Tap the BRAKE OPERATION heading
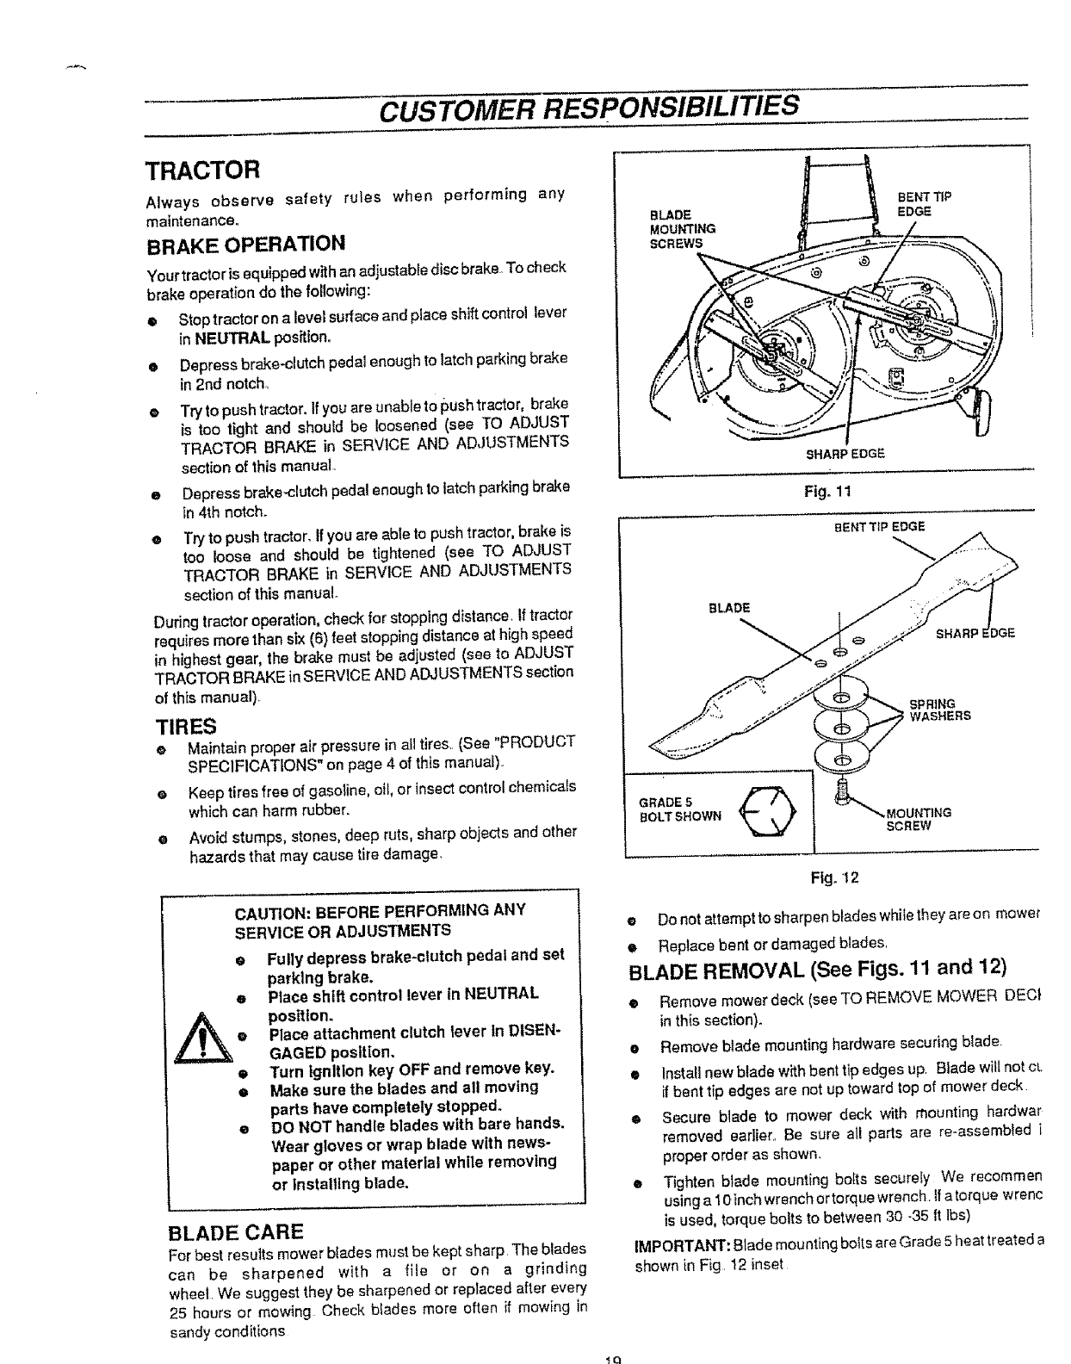pyautogui.click(x=245, y=242)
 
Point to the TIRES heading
pyautogui.click(x=184, y=724)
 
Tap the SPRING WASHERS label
pyautogui.click(x=940, y=709)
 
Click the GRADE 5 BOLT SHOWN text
pyautogui.click(x=679, y=809)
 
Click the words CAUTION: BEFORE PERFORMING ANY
pyautogui.click(x=380, y=911)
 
